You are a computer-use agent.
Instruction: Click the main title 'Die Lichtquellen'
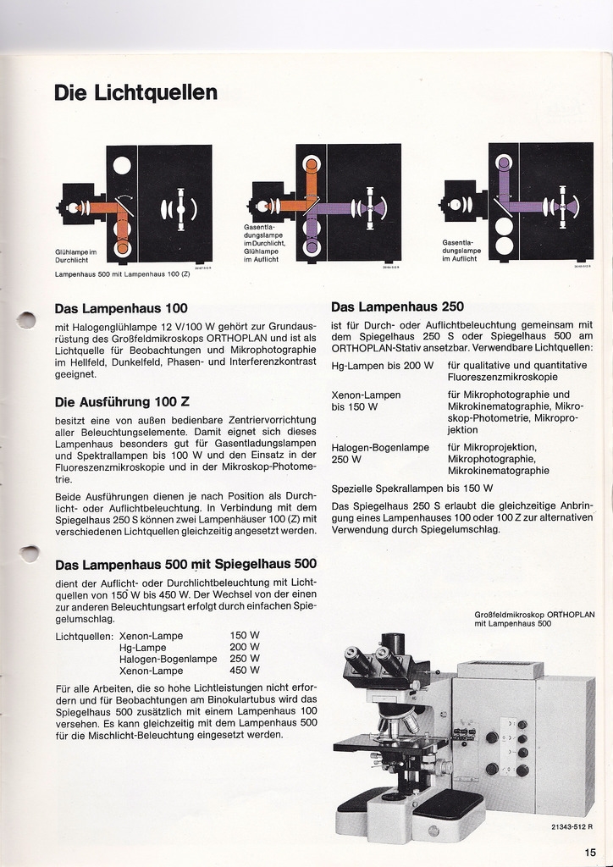tap(135, 92)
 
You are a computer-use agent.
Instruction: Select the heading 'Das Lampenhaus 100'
tap(120, 308)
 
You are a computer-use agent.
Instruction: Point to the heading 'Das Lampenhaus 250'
tap(397, 306)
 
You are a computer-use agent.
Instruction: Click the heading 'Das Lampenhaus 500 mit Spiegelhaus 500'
tap(185, 564)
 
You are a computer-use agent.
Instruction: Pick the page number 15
tap(590, 852)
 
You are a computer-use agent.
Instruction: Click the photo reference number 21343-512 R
tap(565, 826)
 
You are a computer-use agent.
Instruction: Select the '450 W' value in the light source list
tap(245, 671)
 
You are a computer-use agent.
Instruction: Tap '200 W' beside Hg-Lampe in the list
tap(245, 647)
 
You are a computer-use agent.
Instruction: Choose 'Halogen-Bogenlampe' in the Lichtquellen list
tap(168, 659)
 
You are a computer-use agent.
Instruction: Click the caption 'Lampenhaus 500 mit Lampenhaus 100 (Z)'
tap(122, 274)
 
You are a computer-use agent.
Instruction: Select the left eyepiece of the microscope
tap(356, 658)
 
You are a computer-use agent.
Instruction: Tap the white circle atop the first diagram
tap(123, 165)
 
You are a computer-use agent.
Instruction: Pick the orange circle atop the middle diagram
tap(312, 165)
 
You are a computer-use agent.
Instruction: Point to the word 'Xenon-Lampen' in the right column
tap(366, 395)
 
